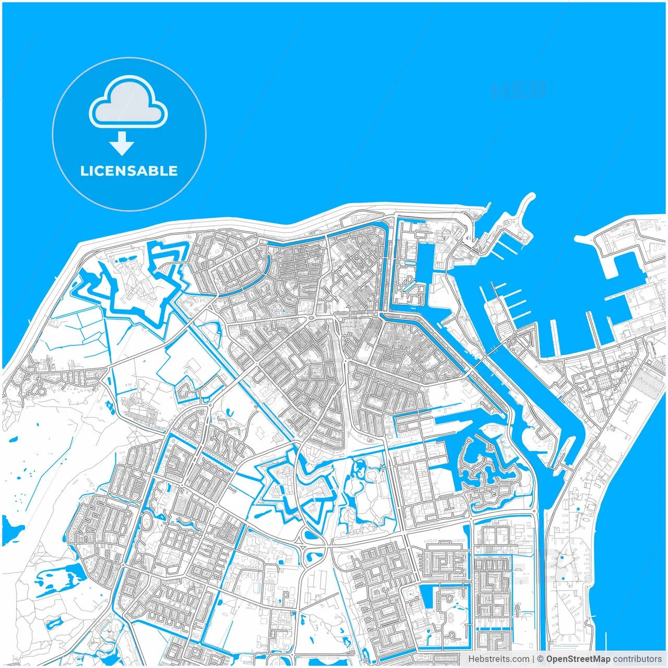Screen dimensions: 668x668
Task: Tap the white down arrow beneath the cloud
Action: click(122, 144)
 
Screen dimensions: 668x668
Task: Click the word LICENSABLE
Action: click(129, 171)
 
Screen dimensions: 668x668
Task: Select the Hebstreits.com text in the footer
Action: click(498, 659)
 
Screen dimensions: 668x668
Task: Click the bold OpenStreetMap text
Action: click(578, 659)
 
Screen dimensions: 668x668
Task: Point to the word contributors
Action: click(637, 659)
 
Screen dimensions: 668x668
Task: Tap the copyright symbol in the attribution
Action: click(541, 659)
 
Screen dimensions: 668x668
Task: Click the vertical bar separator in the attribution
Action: click(533, 659)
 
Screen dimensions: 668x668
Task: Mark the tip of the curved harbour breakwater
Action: click(531, 197)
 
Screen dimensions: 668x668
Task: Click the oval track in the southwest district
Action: click(147, 522)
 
